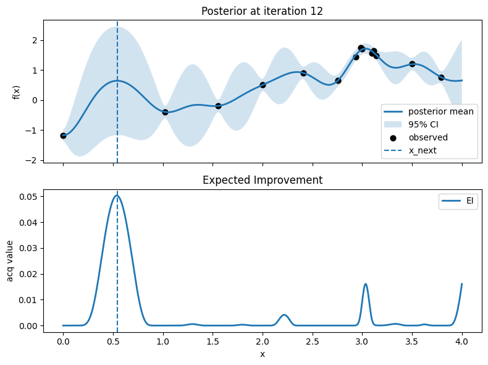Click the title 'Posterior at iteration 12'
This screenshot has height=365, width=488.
pyautogui.click(x=263, y=11)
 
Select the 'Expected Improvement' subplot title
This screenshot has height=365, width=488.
pyautogui.click(x=263, y=180)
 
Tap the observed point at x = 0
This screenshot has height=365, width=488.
pyautogui.click(x=63, y=135)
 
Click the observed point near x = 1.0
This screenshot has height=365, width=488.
pyautogui.click(x=165, y=112)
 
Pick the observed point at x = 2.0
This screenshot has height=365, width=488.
pyautogui.click(x=263, y=85)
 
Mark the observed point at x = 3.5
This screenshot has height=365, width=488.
pyautogui.click(x=412, y=64)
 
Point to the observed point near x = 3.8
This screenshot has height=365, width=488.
pyautogui.click(x=441, y=77)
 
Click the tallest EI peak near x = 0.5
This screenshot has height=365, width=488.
pyautogui.click(x=117, y=195)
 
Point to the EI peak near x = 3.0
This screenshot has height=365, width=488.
pyautogui.click(x=366, y=284)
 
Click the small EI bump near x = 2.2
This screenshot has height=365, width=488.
pyautogui.click(x=284, y=315)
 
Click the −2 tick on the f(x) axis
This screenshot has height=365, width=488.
pyautogui.click(x=33, y=160)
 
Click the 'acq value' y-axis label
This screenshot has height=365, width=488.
pyautogui.click(x=11, y=260)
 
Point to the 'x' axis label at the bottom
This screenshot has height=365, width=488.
pyautogui.click(x=263, y=354)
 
